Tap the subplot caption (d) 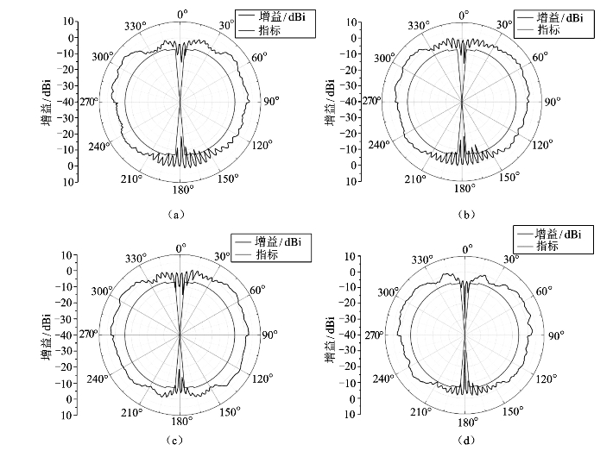click(466, 441)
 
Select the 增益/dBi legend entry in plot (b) click(559, 16)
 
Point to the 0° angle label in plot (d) click(467, 248)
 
